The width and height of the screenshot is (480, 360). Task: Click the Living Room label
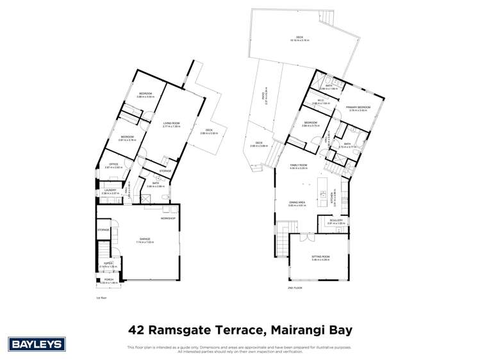point(171,124)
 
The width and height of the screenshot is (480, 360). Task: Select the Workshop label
point(169,219)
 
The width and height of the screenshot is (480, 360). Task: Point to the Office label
point(113,165)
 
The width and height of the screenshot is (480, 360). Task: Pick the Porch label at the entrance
point(108,280)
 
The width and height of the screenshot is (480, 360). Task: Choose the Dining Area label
point(296,202)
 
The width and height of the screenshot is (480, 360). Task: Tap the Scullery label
point(337,220)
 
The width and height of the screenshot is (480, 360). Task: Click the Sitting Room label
point(320,257)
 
